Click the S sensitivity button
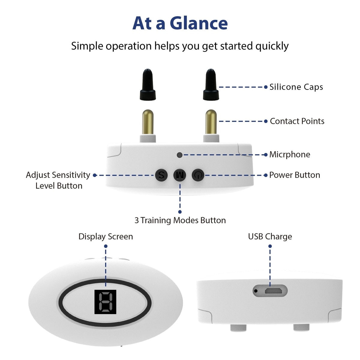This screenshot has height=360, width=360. click(161, 175)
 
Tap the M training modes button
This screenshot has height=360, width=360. click(180, 175)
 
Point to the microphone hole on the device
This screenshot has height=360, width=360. click(179, 155)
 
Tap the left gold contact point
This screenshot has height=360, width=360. click(148, 122)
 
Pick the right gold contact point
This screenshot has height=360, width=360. click(211, 122)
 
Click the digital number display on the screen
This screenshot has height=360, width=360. click(105, 302)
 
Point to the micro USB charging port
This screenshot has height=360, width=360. click(273, 291)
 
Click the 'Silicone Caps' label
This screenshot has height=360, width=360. click(296, 87)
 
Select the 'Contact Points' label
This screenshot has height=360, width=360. click(297, 121)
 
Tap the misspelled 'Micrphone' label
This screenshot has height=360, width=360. click(289, 154)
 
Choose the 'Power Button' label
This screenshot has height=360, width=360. click(294, 175)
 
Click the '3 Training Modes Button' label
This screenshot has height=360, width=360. click(180, 220)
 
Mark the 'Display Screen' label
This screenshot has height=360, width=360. click(106, 236)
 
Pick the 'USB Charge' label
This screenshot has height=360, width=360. click(270, 236)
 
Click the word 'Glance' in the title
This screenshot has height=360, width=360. click(199, 23)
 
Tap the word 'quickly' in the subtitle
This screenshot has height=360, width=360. click(272, 46)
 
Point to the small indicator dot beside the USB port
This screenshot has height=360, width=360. click(256, 291)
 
